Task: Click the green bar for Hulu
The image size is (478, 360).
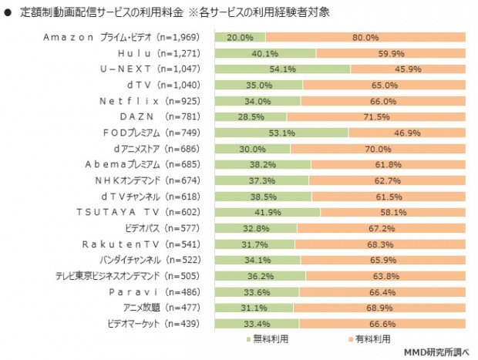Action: tap(265, 53)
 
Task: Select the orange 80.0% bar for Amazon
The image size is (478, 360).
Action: tap(365, 37)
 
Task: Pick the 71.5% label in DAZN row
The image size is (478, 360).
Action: tap(375, 117)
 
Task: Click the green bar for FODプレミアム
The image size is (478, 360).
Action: tap(281, 133)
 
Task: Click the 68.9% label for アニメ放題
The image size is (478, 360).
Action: tap(379, 308)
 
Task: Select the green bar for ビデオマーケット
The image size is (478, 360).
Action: tap(256, 324)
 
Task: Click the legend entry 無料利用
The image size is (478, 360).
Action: tap(265, 339)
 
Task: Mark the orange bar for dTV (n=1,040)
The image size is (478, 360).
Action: tap(384, 85)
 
